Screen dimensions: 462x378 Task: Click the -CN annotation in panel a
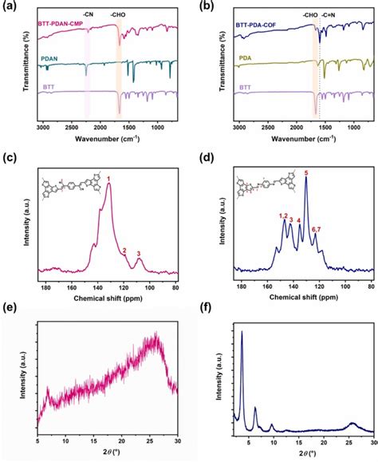coord(88,14)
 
